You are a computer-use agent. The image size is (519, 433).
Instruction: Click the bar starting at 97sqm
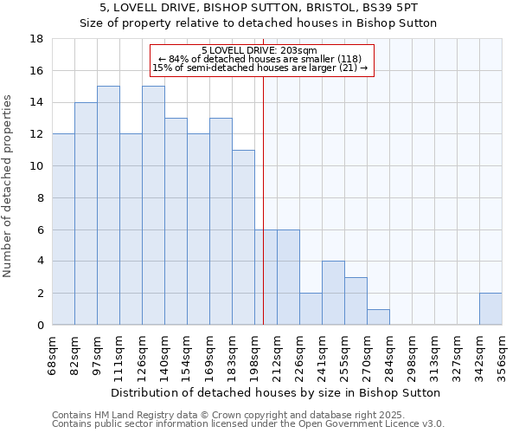[108, 205]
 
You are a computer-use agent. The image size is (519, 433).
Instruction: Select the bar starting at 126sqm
[153, 205]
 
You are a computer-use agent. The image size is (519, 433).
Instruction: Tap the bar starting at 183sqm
[243, 237]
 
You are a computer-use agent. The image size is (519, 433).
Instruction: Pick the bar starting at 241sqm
[333, 293]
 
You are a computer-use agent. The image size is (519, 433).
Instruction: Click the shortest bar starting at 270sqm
[378, 317]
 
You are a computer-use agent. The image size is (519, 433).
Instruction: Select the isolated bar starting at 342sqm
[490, 309]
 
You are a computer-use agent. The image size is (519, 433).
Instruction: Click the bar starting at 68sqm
[63, 229]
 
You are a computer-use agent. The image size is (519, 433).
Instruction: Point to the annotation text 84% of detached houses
[262, 59]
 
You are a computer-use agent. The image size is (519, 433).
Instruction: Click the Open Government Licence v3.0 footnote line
[248, 423]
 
